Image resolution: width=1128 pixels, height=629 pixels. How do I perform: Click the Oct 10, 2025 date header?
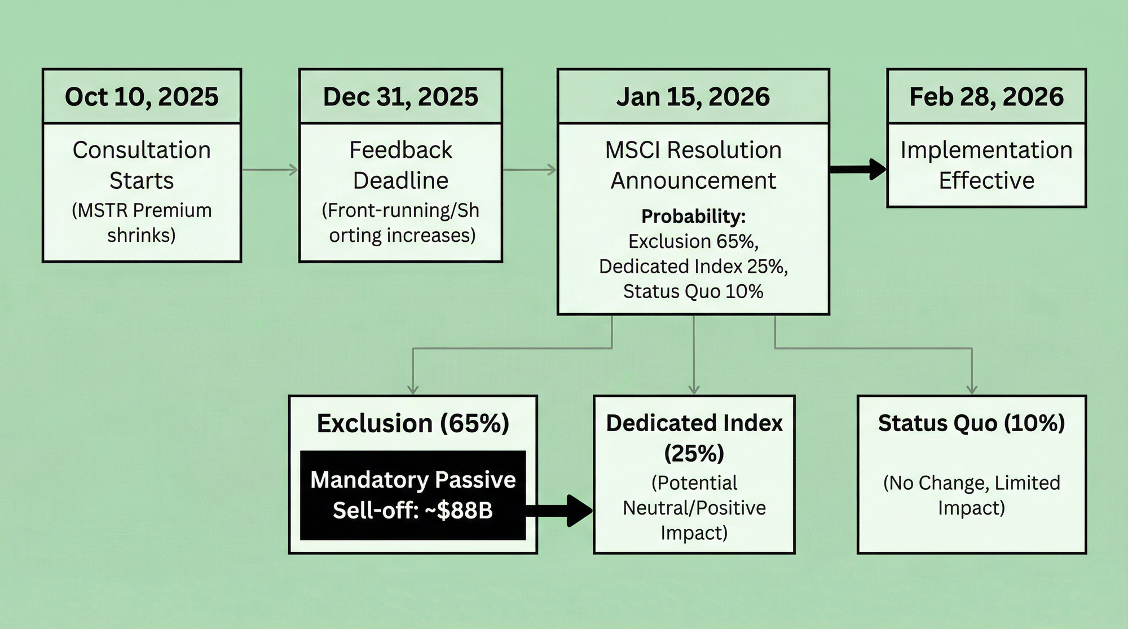click(x=142, y=96)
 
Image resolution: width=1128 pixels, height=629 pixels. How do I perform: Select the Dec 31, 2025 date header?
click(x=400, y=96)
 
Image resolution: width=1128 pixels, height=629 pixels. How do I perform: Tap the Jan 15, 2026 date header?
click(x=693, y=96)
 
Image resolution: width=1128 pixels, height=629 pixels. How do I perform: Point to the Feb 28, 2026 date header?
click(x=986, y=96)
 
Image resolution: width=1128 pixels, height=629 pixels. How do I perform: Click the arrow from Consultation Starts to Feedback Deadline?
click(x=270, y=169)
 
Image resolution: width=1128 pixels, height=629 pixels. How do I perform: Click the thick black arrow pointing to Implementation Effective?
click(x=858, y=169)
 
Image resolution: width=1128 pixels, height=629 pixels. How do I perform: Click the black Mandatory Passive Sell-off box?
click(x=413, y=495)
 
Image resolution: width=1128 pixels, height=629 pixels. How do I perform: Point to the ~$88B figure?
click(x=465, y=510)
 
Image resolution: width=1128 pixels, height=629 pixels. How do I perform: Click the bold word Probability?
click(x=693, y=216)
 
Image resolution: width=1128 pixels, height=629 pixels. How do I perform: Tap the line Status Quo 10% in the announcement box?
click(x=693, y=291)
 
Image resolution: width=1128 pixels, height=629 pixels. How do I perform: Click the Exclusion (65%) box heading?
click(x=413, y=423)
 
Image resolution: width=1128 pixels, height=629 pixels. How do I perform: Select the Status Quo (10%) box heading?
click(x=971, y=423)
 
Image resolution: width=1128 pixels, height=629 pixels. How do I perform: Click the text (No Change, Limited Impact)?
click(x=971, y=495)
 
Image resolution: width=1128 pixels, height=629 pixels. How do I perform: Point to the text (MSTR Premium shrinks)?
click(x=142, y=223)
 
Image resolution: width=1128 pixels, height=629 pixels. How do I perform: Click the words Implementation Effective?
click(x=986, y=165)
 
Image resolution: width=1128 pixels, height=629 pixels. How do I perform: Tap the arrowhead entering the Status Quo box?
click(x=972, y=389)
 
